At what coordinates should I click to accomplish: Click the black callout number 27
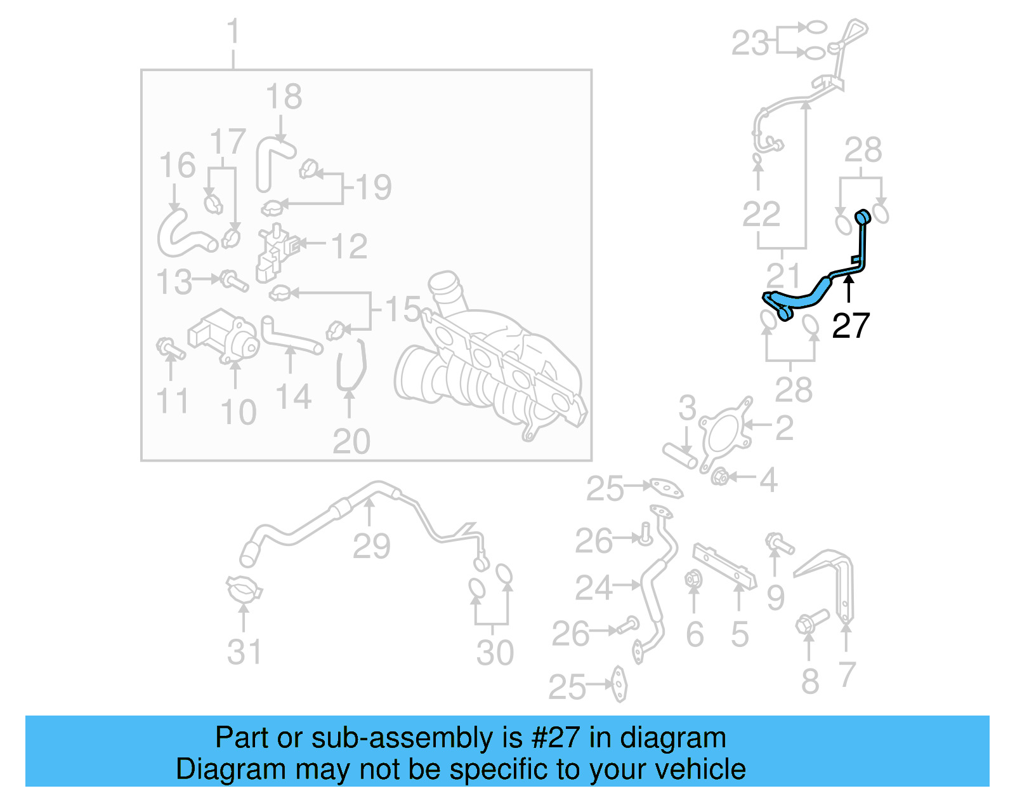[851, 325]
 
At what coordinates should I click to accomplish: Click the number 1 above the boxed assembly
[233, 32]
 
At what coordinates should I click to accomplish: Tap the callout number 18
[284, 97]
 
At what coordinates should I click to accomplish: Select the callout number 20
[351, 441]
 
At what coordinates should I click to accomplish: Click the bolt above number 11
[169, 348]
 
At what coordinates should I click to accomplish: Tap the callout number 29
[371, 546]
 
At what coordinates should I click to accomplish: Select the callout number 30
[495, 653]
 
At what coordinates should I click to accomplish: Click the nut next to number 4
[719, 476]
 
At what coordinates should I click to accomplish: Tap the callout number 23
[750, 43]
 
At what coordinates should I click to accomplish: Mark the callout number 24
[594, 587]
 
